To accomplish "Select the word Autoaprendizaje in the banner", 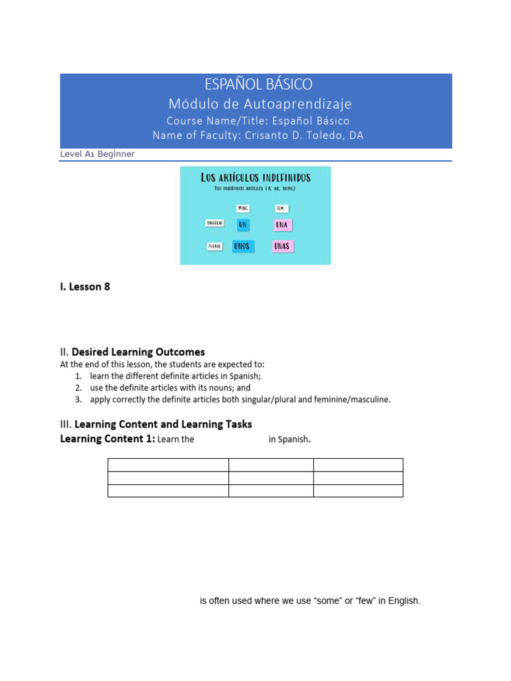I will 307,104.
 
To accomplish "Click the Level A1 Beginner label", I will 97,154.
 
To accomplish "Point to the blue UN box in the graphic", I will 243,225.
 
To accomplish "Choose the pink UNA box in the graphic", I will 283,225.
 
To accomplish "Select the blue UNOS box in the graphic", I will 242,246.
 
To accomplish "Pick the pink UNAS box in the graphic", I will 283,246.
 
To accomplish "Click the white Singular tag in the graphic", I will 214,223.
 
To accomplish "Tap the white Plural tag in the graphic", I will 214,246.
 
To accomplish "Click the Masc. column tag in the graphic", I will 243,208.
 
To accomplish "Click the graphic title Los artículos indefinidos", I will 255,178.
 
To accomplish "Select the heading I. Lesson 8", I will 85,287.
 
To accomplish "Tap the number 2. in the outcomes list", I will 78,388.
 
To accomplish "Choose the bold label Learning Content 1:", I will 107,439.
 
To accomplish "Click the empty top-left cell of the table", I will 168,464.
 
